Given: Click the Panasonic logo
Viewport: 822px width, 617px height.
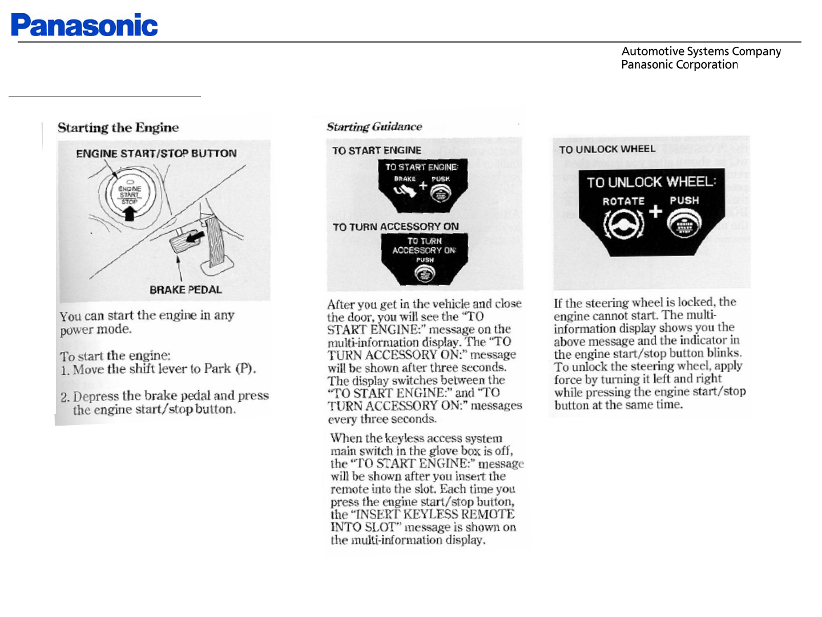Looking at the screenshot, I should point(84,25).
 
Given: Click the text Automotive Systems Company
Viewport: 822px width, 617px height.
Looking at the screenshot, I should point(701,51).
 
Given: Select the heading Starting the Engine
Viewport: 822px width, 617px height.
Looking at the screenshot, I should point(118,127).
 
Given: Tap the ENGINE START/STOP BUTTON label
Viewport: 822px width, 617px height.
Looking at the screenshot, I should point(156,153).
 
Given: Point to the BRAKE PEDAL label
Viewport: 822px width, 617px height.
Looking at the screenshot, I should point(186,290).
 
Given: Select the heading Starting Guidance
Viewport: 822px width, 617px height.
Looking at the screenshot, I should point(374,127).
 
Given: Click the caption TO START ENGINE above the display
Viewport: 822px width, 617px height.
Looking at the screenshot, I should point(377,150).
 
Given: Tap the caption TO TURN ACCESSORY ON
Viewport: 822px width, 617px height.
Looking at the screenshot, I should point(396,227).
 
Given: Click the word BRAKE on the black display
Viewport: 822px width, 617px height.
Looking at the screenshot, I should point(405,179).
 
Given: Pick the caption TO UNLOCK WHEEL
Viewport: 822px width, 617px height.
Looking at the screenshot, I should point(607,149).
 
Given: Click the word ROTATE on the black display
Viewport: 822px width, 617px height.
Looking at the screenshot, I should point(623,201).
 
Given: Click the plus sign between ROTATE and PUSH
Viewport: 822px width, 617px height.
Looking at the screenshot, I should point(655,211).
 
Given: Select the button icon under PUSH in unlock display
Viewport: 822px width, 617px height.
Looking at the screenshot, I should point(683,224).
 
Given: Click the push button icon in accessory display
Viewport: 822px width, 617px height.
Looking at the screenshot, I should point(425,275).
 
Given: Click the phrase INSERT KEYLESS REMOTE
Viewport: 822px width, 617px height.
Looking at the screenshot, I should point(435,514).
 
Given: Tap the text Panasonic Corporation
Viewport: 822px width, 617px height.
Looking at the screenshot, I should point(679,65).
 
